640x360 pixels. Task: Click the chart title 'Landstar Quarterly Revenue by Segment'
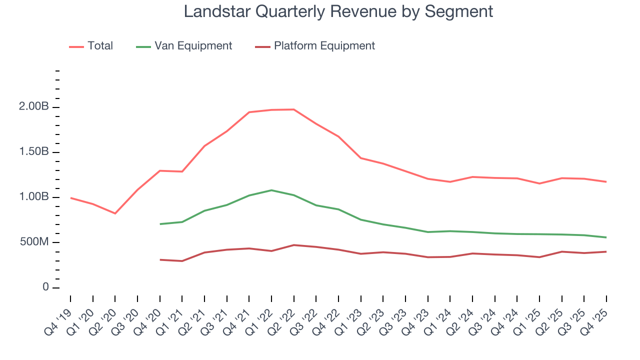point(338,11)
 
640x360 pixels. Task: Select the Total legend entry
point(100,46)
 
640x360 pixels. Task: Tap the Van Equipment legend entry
point(193,46)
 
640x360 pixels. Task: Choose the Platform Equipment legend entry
point(324,46)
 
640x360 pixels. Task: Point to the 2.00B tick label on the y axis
point(33,107)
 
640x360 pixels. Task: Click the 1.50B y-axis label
point(33,152)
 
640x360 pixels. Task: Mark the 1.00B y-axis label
point(33,197)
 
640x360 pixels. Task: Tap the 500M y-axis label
point(33,242)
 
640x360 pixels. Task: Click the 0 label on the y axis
point(45,287)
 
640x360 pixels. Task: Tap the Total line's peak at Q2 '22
point(293,109)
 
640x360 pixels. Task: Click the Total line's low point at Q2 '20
point(115,213)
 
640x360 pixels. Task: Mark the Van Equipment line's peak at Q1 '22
point(271,190)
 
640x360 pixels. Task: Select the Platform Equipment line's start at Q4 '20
point(160,259)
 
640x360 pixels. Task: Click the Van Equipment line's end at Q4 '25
point(606,237)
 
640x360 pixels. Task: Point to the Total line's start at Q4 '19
point(70,198)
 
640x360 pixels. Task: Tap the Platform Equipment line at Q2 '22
point(293,245)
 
